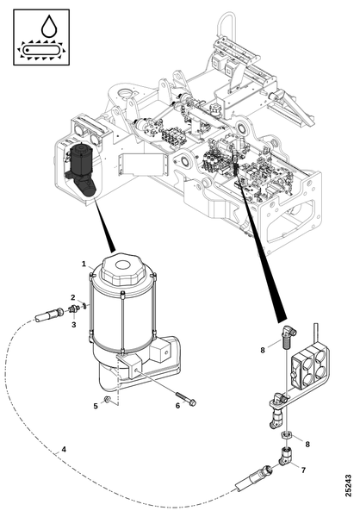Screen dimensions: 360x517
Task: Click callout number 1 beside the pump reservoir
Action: click(x=84, y=264)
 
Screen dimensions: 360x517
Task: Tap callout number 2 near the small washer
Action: click(x=73, y=297)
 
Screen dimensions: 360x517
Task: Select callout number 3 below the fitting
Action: click(x=73, y=325)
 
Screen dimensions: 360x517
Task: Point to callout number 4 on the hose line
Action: click(x=64, y=450)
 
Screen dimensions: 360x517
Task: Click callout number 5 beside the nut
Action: click(x=96, y=406)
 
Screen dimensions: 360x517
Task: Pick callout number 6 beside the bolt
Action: click(x=177, y=406)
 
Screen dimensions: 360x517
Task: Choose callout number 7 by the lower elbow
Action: click(x=304, y=470)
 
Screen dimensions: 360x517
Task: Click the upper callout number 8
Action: click(x=263, y=350)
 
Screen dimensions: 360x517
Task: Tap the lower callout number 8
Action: click(x=307, y=445)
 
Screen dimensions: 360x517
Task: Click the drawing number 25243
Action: click(x=348, y=486)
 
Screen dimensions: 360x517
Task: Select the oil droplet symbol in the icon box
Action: click(x=49, y=26)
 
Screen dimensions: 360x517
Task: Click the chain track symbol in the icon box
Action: click(x=41, y=51)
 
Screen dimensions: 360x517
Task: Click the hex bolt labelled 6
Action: click(x=186, y=399)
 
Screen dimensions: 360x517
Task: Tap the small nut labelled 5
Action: click(x=107, y=400)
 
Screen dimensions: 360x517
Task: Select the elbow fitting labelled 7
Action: click(x=285, y=457)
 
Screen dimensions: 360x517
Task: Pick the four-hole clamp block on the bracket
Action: click(x=308, y=366)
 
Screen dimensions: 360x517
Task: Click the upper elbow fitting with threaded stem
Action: click(x=289, y=337)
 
